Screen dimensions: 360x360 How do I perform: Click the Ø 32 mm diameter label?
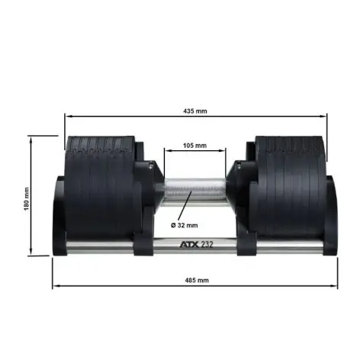pos(186,225)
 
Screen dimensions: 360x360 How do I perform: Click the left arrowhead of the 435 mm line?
pos(66,117)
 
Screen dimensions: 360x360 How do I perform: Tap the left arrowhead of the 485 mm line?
pos(54,287)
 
